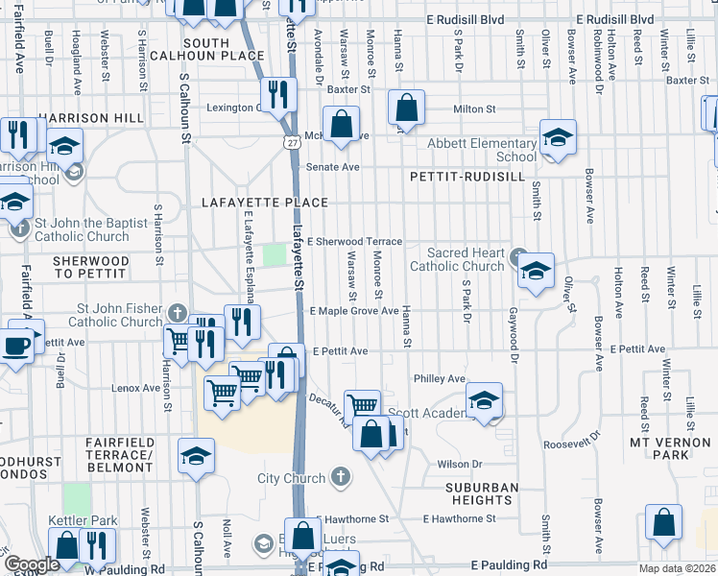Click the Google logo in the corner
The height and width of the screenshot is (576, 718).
(31, 564)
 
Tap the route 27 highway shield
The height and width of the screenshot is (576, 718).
(289, 142)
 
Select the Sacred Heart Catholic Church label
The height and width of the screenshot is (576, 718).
(457, 259)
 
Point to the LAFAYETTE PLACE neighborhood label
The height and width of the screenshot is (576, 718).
(265, 204)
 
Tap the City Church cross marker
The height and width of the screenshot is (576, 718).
(341, 476)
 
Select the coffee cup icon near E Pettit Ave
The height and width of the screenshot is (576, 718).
(15, 345)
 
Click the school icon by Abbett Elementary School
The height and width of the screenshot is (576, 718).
(557, 136)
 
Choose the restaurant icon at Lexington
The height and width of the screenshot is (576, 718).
(275, 94)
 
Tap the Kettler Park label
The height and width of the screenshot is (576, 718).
(83, 521)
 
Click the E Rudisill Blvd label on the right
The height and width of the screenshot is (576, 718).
(614, 19)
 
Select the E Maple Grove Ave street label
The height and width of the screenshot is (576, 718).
(353, 311)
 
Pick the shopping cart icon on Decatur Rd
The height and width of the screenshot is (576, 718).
(363, 406)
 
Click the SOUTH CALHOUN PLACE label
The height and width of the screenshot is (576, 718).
(205, 50)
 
